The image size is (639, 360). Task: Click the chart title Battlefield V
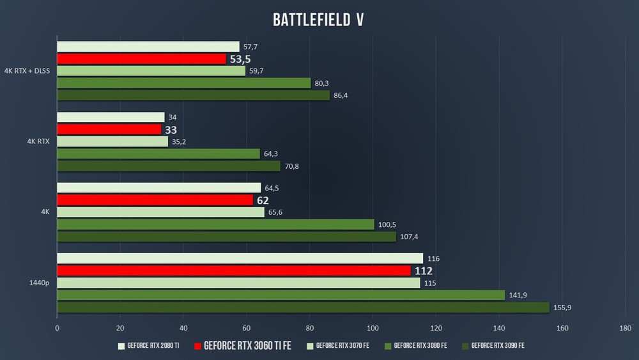(318, 20)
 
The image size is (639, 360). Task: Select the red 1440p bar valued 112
(234, 270)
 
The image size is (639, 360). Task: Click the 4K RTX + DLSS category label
(27, 71)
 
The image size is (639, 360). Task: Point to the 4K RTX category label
(40, 141)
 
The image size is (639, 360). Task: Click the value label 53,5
(240, 59)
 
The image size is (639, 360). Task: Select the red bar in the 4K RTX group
(109, 129)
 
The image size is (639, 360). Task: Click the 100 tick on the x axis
(373, 329)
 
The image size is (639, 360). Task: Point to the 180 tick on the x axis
(625, 329)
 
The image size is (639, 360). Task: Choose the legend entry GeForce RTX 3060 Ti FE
(242, 346)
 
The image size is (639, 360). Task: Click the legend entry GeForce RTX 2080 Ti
(148, 346)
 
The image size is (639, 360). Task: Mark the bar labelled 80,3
(184, 83)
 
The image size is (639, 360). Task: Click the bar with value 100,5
(216, 224)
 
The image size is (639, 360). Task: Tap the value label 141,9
(519, 295)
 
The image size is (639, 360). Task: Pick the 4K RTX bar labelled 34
(111, 118)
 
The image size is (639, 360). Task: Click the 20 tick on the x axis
(120, 329)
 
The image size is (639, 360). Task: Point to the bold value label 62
(263, 200)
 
